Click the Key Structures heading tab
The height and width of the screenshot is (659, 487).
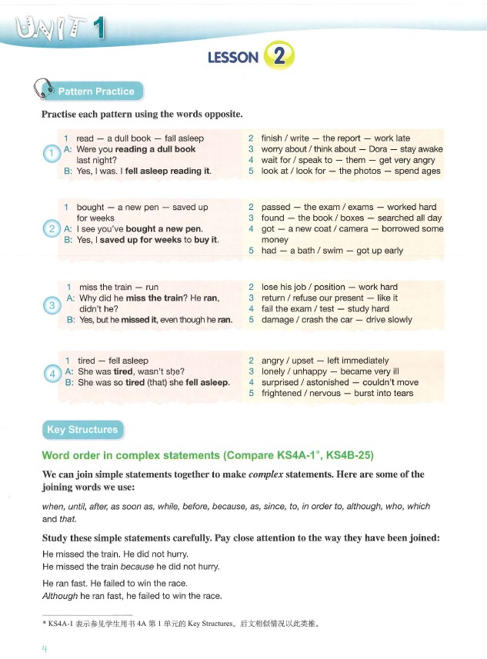coord(82,430)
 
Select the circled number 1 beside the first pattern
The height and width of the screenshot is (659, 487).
coord(51,154)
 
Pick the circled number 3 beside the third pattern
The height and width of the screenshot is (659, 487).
coord(51,305)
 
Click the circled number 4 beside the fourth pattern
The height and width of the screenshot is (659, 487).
coord(51,374)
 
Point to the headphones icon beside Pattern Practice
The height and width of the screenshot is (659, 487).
coord(43,90)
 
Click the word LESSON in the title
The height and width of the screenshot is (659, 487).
coord(233,58)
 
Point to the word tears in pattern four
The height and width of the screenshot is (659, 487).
coord(401,393)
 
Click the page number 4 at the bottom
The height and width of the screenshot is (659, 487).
coord(45,647)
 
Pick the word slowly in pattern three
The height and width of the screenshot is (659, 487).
coord(395,320)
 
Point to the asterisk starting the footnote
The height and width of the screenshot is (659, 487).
coord(44,624)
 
